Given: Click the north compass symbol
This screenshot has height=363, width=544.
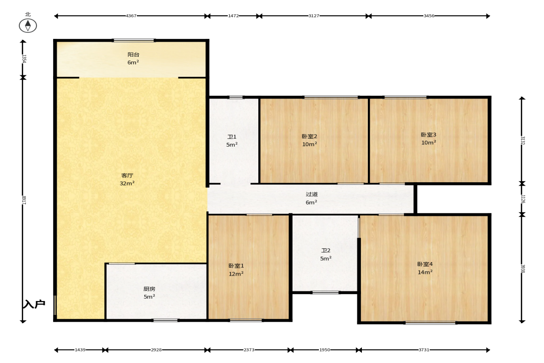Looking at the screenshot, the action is click(28, 26).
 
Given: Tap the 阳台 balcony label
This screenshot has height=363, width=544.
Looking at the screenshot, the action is click(133, 55).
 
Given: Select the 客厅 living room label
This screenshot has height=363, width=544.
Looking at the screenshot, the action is click(127, 176).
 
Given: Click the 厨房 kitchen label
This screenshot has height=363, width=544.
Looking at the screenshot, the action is click(149, 289).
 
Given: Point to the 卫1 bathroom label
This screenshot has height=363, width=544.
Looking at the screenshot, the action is click(232, 137).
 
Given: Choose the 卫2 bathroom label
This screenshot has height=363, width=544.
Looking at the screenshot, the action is click(326, 251).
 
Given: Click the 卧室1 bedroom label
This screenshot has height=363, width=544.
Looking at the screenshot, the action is click(236, 266).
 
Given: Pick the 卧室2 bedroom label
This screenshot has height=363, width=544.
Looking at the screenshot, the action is click(310, 136).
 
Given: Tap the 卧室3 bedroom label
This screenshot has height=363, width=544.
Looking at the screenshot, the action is click(428, 135).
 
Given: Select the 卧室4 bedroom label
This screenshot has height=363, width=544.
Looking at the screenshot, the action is click(425, 264).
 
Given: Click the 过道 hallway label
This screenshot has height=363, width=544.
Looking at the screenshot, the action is click(312, 194).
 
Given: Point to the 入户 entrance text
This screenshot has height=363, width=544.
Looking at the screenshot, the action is click(34, 304).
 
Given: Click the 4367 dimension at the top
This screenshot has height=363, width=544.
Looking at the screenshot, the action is click(131, 16).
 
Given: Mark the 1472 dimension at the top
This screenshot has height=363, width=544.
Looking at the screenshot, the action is click(233, 16).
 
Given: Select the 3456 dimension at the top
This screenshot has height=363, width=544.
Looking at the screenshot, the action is click(429, 16).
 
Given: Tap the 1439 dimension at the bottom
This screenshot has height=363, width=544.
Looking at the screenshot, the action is click(80, 350).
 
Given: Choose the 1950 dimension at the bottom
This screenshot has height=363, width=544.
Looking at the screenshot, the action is click(325, 350).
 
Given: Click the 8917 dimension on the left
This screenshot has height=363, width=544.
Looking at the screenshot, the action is click(24, 200).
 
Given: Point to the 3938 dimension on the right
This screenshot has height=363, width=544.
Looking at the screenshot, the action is click(523, 269).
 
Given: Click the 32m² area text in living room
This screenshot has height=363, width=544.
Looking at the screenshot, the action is click(127, 183).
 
